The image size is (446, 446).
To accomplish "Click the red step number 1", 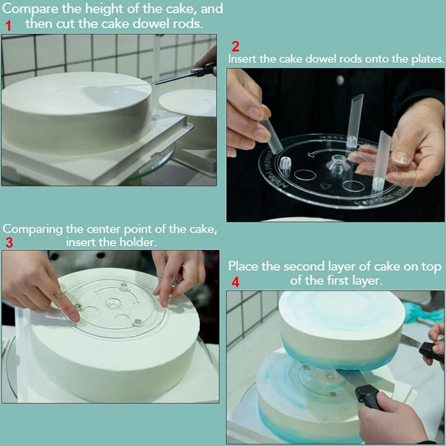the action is click(8, 26).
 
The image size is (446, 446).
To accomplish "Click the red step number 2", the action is click(235, 47).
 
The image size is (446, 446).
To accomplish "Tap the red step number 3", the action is click(9, 243).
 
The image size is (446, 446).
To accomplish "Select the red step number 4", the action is click(235, 282).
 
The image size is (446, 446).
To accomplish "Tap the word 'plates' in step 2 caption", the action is click(427, 59).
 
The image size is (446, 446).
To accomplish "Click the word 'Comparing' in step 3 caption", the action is click(32, 229).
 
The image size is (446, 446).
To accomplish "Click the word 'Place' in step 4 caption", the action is click(243, 267).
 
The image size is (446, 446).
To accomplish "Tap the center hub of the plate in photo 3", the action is click(113, 303).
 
